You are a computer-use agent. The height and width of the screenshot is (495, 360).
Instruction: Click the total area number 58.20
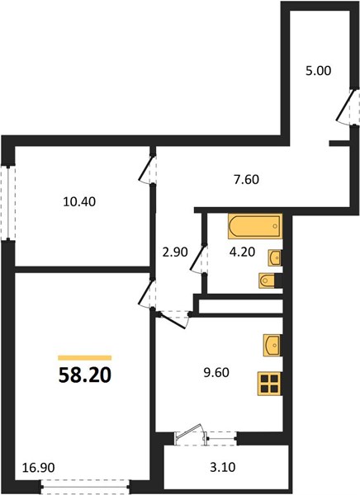[x=85, y=375]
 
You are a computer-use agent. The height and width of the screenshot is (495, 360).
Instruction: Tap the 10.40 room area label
[x=79, y=201]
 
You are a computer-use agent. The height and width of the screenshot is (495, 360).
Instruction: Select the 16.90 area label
[x=39, y=467]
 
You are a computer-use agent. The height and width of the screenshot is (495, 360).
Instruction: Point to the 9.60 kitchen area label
[x=216, y=373]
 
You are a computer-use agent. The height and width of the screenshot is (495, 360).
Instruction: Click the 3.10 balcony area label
[x=223, y=467]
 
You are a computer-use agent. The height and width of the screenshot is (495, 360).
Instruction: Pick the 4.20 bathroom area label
[x=243, y=252]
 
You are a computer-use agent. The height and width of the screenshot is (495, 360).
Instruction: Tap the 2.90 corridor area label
[x=175, y=252]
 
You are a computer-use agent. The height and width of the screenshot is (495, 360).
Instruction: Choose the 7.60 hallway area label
[x=246, y=179]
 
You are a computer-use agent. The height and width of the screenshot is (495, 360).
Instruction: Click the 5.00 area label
[x=318, y=70]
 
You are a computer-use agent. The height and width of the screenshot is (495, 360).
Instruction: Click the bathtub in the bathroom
[x=255, y=226]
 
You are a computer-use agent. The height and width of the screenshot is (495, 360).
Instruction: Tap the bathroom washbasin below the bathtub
[x=274, y=257]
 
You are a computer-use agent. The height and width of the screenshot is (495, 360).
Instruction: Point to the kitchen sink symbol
[x=272, y=346]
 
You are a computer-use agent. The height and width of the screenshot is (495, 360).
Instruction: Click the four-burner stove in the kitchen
[x=269, y=384]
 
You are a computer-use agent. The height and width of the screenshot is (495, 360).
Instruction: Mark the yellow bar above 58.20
[x=85, y=358]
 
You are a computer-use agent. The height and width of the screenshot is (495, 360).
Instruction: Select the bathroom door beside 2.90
[x=198, y=259]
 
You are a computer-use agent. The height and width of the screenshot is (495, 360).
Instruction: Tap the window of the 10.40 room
[x=7, y=202]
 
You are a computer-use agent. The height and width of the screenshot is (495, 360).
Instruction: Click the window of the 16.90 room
[x=85, y=487]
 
